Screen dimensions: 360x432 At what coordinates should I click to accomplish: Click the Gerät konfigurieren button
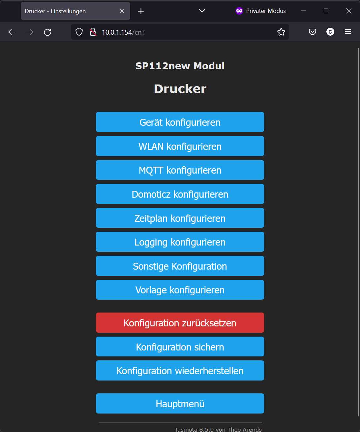pos(180,122)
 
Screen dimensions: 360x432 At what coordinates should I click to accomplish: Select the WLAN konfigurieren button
pos(180,146)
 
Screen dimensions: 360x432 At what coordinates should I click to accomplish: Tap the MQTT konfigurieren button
pos(180,170)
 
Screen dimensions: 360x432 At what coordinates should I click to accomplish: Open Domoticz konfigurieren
pos(180,194)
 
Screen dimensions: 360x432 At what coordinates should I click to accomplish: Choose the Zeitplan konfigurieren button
pos(180,218)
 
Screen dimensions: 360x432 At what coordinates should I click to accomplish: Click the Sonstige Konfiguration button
pos(180,266)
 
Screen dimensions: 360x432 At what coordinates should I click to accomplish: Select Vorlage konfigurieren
pos(180,290)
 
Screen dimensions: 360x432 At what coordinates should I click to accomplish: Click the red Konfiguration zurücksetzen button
pos(180,323)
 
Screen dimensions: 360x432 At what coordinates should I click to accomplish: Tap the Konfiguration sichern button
pos(180,347)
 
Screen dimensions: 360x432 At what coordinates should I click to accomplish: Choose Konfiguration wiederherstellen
pos(180,371)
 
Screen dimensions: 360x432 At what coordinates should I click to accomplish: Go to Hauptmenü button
pos(180,403)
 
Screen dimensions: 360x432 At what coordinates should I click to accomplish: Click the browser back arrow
pos(12,32)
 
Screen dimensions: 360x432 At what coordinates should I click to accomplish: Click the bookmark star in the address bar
pos(281,32)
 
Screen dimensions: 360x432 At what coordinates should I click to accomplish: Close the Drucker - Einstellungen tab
pos(122,11)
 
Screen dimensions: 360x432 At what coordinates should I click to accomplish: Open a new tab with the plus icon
pos(141,11)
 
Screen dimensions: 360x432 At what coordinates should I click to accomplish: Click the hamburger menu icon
pos(348,32)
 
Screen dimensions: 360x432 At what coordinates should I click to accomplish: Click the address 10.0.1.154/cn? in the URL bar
pos(123,32)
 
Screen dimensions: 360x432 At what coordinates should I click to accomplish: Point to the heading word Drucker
pos(180,89)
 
